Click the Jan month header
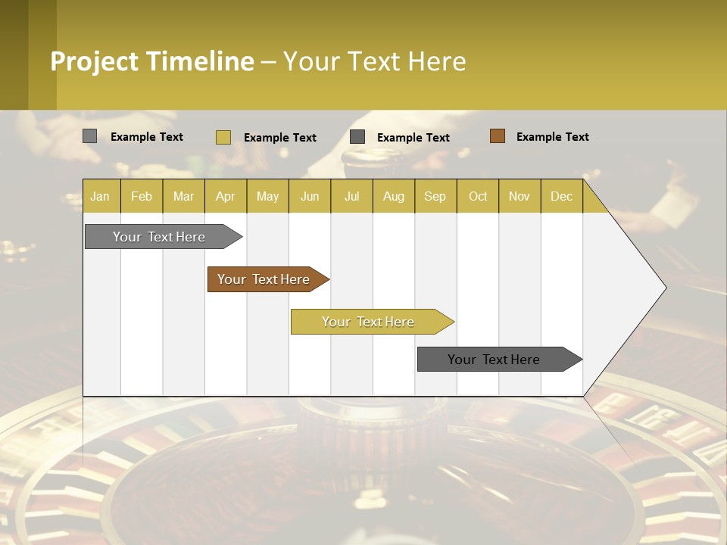click(100, 196)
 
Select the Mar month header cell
click(183, 196)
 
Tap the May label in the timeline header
click(267, 196)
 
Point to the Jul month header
click(351, 196)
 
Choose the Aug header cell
click(393, 196)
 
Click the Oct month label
click(478, 196)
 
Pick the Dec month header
click(561, 196)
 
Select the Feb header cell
click(142, 196)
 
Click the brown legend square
click(497, 136)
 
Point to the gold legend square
click(223, 137)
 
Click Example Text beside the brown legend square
click(552, 137)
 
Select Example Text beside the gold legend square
click(279, 138)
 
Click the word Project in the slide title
click(95, 61)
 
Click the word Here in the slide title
click(437, 61)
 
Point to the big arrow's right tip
click(664, 288)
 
